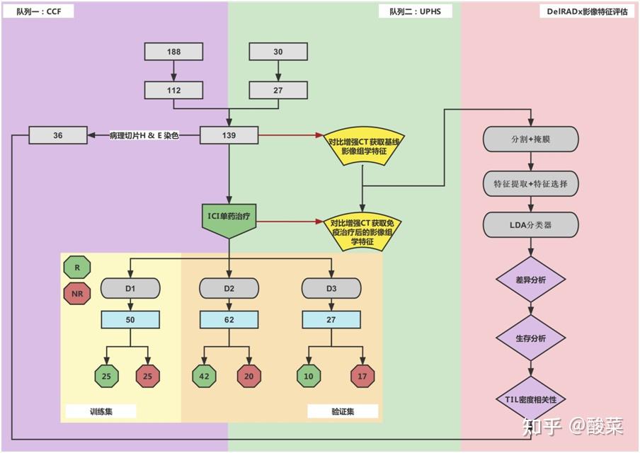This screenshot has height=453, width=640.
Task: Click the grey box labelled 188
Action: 173,52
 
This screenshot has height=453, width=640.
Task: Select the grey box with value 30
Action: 278,52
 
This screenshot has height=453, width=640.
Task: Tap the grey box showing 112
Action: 173,90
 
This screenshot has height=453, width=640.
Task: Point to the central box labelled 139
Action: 229,134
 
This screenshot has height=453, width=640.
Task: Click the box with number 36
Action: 58,134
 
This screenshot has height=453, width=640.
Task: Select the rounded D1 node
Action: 130,288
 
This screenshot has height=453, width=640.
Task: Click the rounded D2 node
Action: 229,288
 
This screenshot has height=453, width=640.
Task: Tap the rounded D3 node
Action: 331,288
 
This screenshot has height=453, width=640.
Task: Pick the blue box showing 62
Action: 229,320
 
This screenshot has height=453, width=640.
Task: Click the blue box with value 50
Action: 130,320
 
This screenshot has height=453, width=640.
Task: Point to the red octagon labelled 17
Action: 362,377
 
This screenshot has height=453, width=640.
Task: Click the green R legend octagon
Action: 77,268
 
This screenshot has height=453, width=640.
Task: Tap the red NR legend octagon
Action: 77,293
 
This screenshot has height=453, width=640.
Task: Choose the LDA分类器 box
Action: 531,224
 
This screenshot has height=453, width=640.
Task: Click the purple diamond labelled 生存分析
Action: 531,338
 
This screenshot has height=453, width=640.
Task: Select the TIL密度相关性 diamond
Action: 531,399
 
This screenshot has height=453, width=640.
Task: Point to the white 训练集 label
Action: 101,411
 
